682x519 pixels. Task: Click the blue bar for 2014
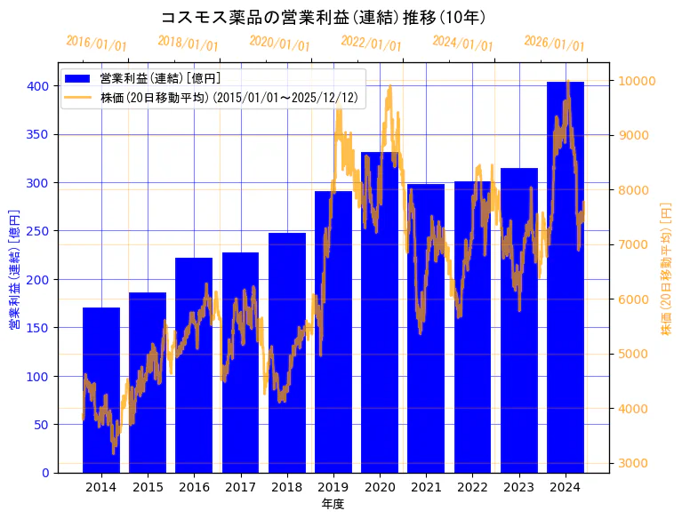[101, 391]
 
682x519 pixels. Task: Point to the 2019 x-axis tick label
[333, 487]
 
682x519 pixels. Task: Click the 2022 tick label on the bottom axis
[472, 487]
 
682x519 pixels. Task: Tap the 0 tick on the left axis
[46, 473]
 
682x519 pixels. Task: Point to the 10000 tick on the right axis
[638, 81]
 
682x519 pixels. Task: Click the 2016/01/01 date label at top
[96, 44]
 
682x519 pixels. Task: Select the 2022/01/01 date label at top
[371, 44]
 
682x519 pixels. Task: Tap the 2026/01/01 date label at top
[554, 44]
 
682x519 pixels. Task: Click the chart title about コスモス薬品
[323, 17]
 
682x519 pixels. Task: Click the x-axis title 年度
[333, 504]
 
